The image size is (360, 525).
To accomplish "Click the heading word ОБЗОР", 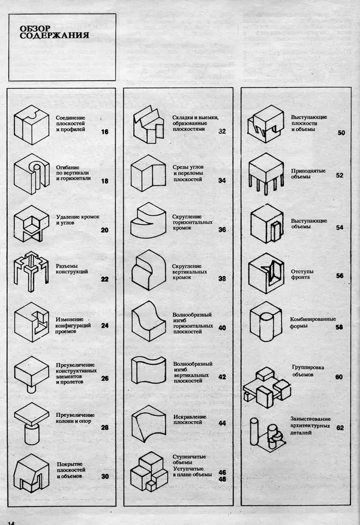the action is tap(35, 29).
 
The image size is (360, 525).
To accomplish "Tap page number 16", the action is tap(105, 132).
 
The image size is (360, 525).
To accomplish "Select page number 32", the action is tap(222, 131).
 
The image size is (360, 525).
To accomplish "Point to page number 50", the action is tap(341, 133).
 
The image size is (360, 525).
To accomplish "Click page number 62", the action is tap(340, 428).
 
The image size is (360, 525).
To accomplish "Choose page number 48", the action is tap(223, 479).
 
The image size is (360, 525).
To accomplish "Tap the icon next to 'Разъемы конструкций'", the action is tap(31, 272).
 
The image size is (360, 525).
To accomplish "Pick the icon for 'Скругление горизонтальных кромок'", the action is tap(148, 220).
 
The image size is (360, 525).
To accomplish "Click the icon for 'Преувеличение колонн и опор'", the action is tap(31, 424).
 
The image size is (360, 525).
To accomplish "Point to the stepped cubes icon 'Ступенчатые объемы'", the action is tap(149, 472).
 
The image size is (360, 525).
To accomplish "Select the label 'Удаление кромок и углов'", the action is tap(77, 220).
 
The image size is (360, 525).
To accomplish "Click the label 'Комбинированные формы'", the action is tap(313, 322).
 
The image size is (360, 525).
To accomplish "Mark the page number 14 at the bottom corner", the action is tap(11, 523).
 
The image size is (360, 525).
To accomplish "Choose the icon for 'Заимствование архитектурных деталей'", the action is tap(267, 433).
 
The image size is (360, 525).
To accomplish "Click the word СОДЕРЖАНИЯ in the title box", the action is tap(54, 35).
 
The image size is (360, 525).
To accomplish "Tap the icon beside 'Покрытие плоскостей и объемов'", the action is tap(31, 473).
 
